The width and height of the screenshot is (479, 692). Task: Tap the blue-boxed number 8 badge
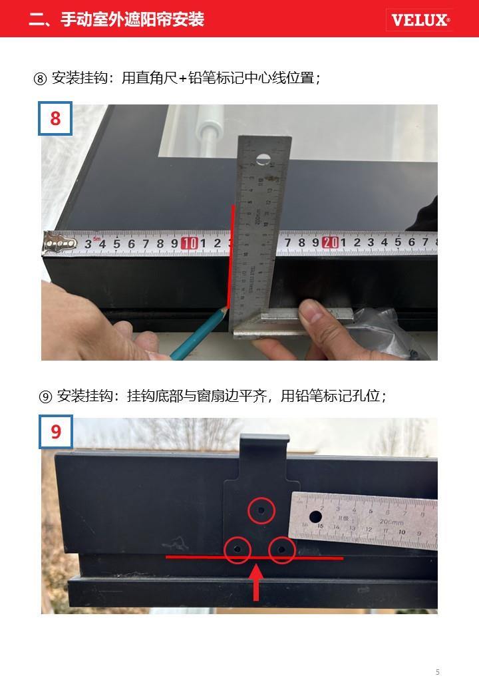click(55, 118)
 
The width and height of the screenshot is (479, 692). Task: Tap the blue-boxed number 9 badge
click(56, 432)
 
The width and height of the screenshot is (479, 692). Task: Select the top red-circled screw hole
click(261, 511)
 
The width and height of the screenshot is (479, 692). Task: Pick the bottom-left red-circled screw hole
click(238, 550)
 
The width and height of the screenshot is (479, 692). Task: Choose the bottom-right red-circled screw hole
click(282, 550)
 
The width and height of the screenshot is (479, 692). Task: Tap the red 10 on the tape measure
click(190, 243)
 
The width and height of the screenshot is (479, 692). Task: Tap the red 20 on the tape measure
click(331, 242)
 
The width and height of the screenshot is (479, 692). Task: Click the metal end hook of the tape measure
click(59, 243)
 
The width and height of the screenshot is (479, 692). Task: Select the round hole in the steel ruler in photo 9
click(315, 517)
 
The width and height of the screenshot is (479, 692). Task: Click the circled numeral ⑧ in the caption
click(40, 79)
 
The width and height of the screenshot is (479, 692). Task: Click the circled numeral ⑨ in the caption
click(45, 397)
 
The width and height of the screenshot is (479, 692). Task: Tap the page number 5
click(438, 672)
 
